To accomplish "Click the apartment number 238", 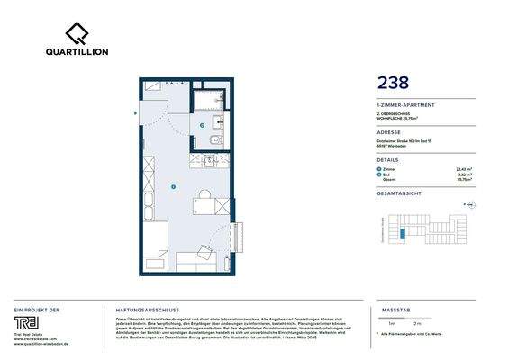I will pos(393,84).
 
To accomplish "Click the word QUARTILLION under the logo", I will pos(77,52).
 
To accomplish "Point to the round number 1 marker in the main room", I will pos(172,187).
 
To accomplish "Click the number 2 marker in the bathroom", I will pos(203,125).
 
